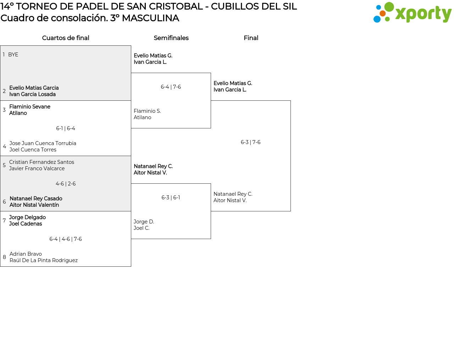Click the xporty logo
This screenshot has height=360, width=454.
tap(412, 12)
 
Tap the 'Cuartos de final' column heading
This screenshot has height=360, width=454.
tap(66, 38)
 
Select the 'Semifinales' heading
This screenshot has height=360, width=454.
tap(171, 38)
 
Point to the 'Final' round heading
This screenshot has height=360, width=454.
tap(251, 38)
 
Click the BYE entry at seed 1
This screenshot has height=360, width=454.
tap(13, 55)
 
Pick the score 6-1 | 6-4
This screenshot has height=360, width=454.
tap(66, 128)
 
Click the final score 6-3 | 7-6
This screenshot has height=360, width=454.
tap(251, 142)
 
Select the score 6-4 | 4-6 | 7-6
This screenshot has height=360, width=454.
tap(66, 239)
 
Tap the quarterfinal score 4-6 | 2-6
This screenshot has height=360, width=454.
tap(66, 184)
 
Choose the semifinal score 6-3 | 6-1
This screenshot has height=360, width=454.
tap(171, 198)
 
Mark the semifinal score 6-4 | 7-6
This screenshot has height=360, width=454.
tap(171, 87)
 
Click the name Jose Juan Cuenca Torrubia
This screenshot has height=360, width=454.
tap(43, 143)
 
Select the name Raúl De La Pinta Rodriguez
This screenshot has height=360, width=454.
tap(44, 260)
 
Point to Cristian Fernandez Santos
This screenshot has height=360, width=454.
tap(41, 162)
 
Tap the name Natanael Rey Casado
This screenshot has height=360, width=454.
tap(36, 199)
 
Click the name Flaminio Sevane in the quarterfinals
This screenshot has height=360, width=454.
tap(30, 107)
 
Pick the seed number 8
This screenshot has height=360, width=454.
tap(4, 257)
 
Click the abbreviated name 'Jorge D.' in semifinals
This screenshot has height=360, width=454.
tap(144, 222)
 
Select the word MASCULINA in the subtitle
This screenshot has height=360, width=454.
tap(150, 18)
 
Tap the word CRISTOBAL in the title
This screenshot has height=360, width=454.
tap(176, 6)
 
